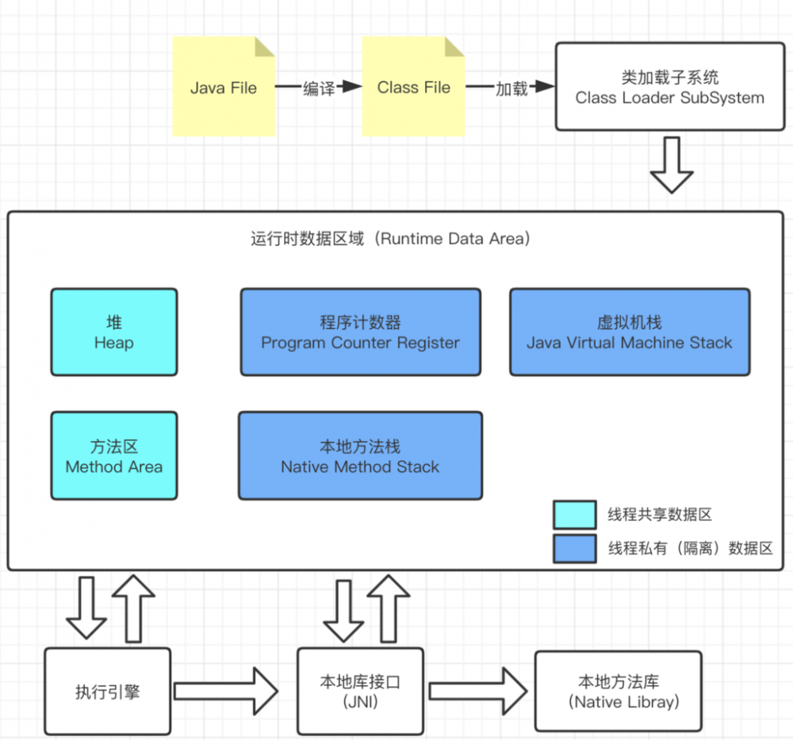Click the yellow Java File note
coord(224,87)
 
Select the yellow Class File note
coord(413,87)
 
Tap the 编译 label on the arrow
coord(319,89)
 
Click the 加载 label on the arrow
coord(511,89)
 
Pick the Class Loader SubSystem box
coord(669,87)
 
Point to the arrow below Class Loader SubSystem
coord(671,165)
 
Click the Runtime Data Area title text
coord(389,239)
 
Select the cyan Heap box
coord(114,332)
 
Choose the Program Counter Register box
coord(360,332)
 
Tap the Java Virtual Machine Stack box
coord(629,332)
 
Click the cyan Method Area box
coord(114,455)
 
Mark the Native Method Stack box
coord(360,455)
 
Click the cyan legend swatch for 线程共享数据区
coord(575,515)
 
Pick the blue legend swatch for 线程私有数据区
coord(575,548)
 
